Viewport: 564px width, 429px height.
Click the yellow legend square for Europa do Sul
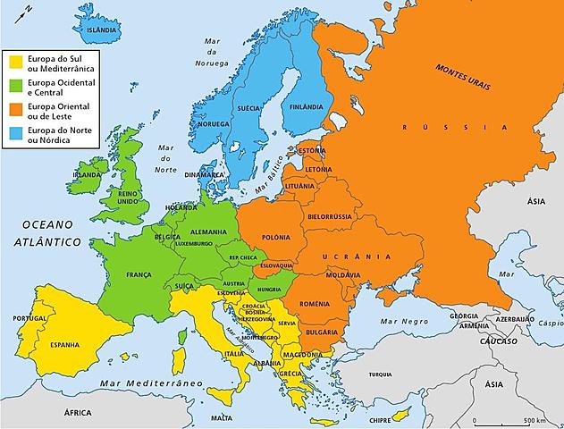[x=15, y=63]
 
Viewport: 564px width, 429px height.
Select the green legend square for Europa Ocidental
[x=15, y=87]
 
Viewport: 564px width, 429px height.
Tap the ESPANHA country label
[x=63, y=344]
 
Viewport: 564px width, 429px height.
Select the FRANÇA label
[x=139, y=274]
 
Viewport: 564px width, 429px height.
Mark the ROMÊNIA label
[x=315, y=305]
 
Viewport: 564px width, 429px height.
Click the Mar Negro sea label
[x=400, y=321]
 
